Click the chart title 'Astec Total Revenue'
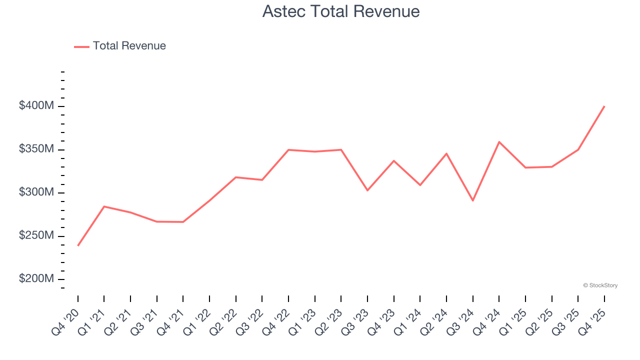click(341, 11)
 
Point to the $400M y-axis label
click(36, 106)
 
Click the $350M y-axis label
click(36, 149)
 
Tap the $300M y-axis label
click(36, 192)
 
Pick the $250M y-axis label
click(36, 235)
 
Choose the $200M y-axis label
click(36, 279)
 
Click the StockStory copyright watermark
click(600, 285)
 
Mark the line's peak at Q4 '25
click(604, 106)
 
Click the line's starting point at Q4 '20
click(78, 245)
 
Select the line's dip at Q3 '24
click(473, 200)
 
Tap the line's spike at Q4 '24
click(499, 141)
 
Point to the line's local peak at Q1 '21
click(104, 206)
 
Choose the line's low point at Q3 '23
click(367, 190)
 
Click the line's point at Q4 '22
click(288, 149)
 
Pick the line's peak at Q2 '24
click(446, 153)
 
